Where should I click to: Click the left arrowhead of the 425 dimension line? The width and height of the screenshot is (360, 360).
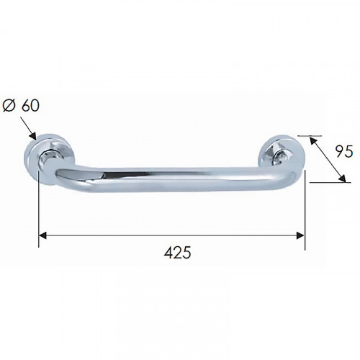[43, 235]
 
